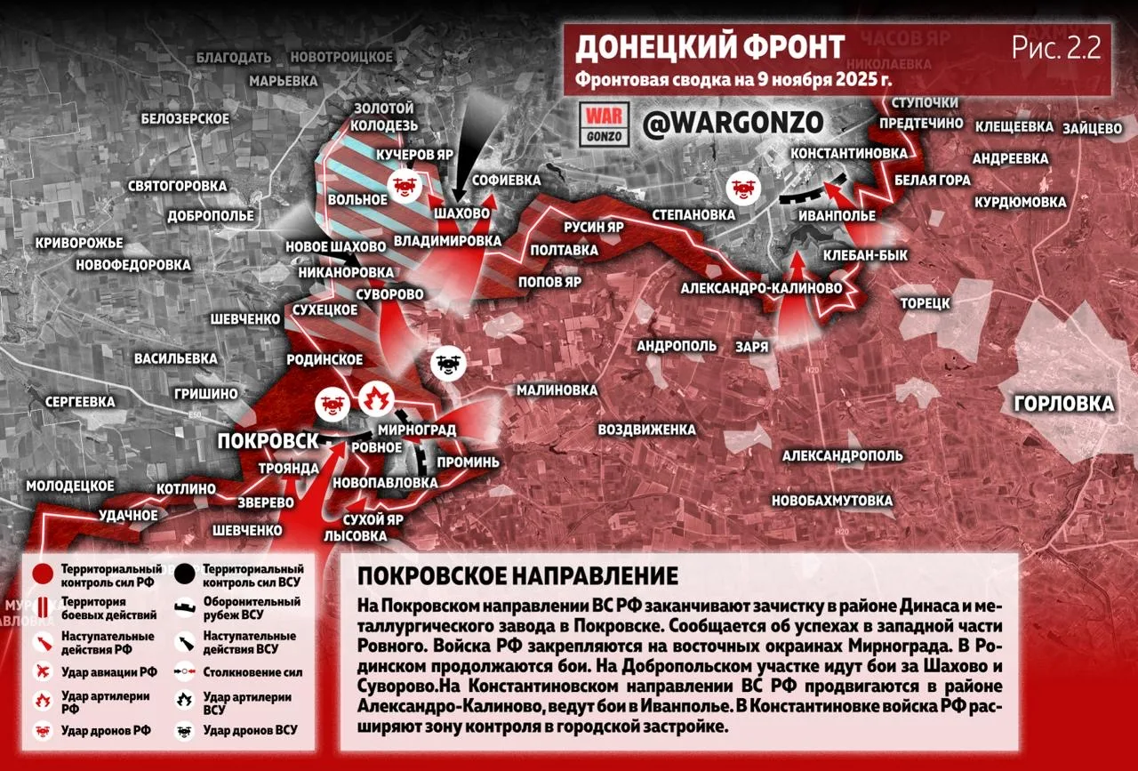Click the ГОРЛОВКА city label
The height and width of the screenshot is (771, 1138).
click(x=1063, y=405)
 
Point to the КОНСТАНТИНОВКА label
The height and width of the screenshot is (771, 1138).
click(x=849, y=154)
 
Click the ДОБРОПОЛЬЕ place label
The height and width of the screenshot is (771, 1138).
click(x=212, y=215)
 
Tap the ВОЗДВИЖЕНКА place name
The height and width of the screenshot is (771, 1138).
click(x=646, y=430)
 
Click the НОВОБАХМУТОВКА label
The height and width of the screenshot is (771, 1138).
click(x=832, y=501)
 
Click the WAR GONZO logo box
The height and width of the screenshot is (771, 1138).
click(x=605, y=124)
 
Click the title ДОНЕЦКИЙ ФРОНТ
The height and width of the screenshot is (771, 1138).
click(x=709, y=46)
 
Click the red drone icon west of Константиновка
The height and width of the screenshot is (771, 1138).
click(x=741, y=188)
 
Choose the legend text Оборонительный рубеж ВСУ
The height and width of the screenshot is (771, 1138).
click(x=252, y=607)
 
